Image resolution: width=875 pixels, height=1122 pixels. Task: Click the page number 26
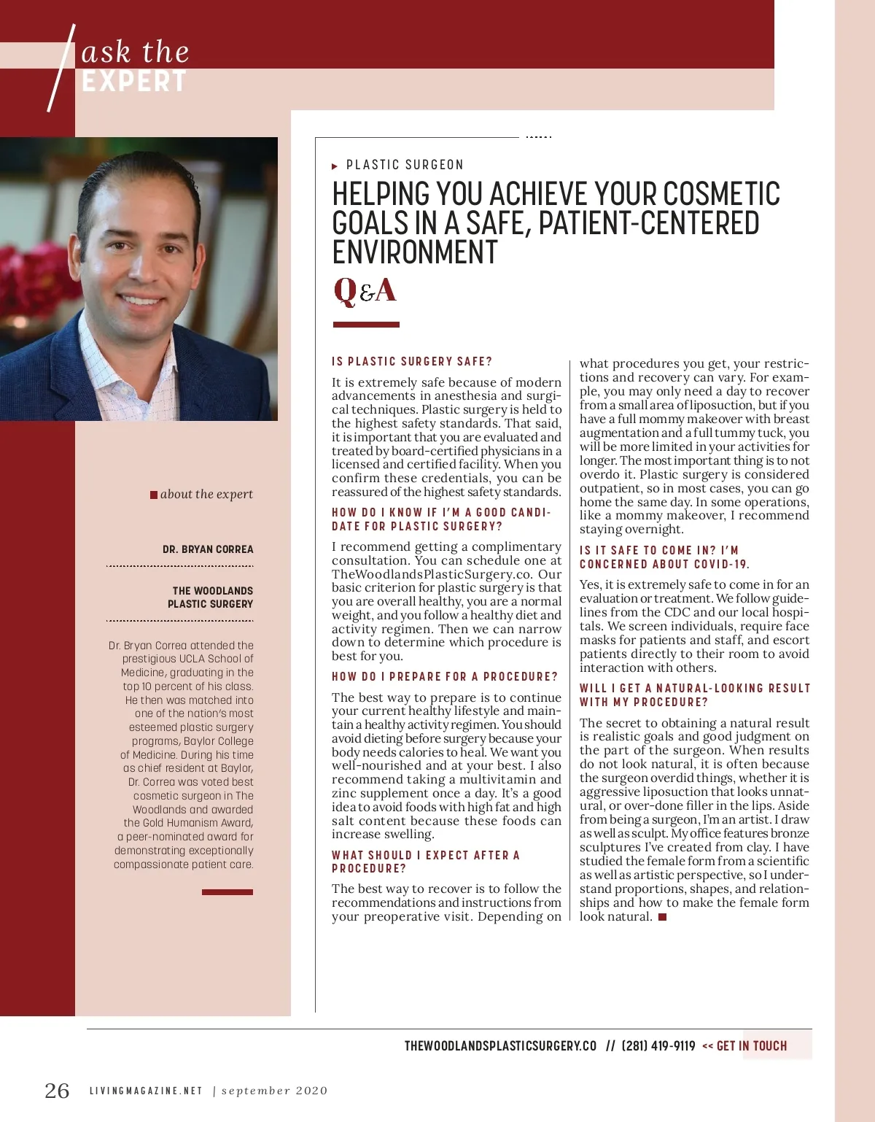pos(57,1091)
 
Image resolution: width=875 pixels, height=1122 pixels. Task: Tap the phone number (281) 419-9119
pos(658,1045)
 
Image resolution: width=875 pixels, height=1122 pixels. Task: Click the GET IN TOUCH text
pos(751,1045)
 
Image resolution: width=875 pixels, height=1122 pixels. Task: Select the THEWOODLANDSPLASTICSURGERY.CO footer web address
pos(500,1045)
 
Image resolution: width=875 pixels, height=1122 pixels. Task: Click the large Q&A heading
pos(365,290)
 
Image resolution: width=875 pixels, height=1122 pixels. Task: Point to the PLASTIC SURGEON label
pos(405,165)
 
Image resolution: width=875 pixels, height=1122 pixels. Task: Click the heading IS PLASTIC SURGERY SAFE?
pos(412,361)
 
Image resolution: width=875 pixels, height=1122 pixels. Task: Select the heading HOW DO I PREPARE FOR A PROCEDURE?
pos(444,676)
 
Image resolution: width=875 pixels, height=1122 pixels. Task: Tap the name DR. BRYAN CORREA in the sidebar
pos(208,549)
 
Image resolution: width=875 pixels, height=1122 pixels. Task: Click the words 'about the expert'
pos(206,494)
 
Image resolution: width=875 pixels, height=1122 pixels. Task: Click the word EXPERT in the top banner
pos(134,82)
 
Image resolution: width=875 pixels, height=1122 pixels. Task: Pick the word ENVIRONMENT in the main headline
pos(414,252)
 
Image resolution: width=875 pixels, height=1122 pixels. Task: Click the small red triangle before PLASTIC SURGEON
pos(335,166)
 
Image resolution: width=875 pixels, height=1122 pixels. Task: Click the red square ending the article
pos(662,917)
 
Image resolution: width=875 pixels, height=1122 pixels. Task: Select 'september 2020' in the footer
pos(274,1091)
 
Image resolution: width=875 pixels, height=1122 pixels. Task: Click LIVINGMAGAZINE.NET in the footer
pos(145,1091)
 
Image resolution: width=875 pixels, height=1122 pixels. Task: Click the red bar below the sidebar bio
pos(227,891)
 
